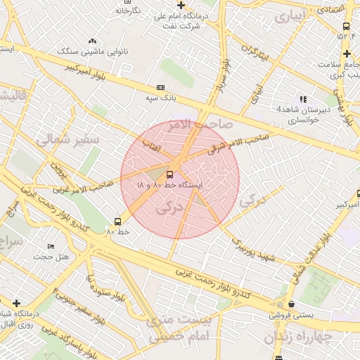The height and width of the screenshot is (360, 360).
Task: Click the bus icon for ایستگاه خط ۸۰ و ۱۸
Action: pyautogui.click(x=170, y=174)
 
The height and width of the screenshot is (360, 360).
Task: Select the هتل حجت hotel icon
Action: pyautogui.click(x=50, y=247)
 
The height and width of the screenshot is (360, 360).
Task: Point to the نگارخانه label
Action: pyautogui.click(x=128, y=11)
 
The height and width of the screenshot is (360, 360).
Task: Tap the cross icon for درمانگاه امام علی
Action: pyautogui.click(x=181, y=5)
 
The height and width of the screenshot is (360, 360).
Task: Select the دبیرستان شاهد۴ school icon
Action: pyautogui.click(x=303, y=99)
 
